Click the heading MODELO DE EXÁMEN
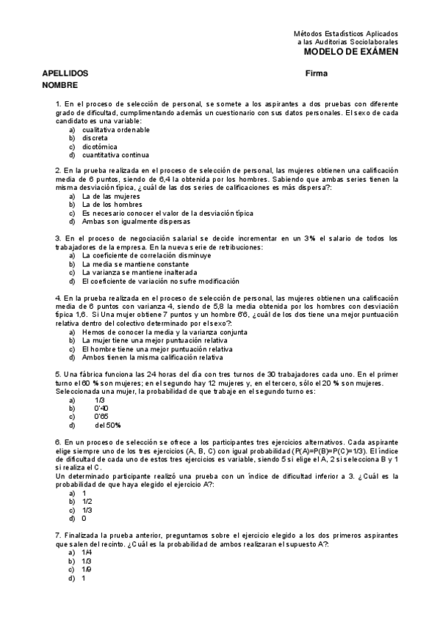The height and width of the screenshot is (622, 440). pos(352,52)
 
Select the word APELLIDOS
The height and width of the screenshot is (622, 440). pos(65,74)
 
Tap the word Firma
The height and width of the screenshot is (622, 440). pos(316,74)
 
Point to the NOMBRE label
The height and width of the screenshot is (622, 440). pos(59,86)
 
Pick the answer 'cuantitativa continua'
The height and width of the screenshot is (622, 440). pos(116,155)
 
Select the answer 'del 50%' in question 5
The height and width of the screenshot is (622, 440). pos(108,425)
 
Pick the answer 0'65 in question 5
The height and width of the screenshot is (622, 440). pos(101,416)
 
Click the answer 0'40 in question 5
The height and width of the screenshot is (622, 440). pos(101,408)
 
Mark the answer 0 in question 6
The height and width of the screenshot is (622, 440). pos(84,518)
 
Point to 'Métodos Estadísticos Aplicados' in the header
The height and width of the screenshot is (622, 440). pos(346,34)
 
